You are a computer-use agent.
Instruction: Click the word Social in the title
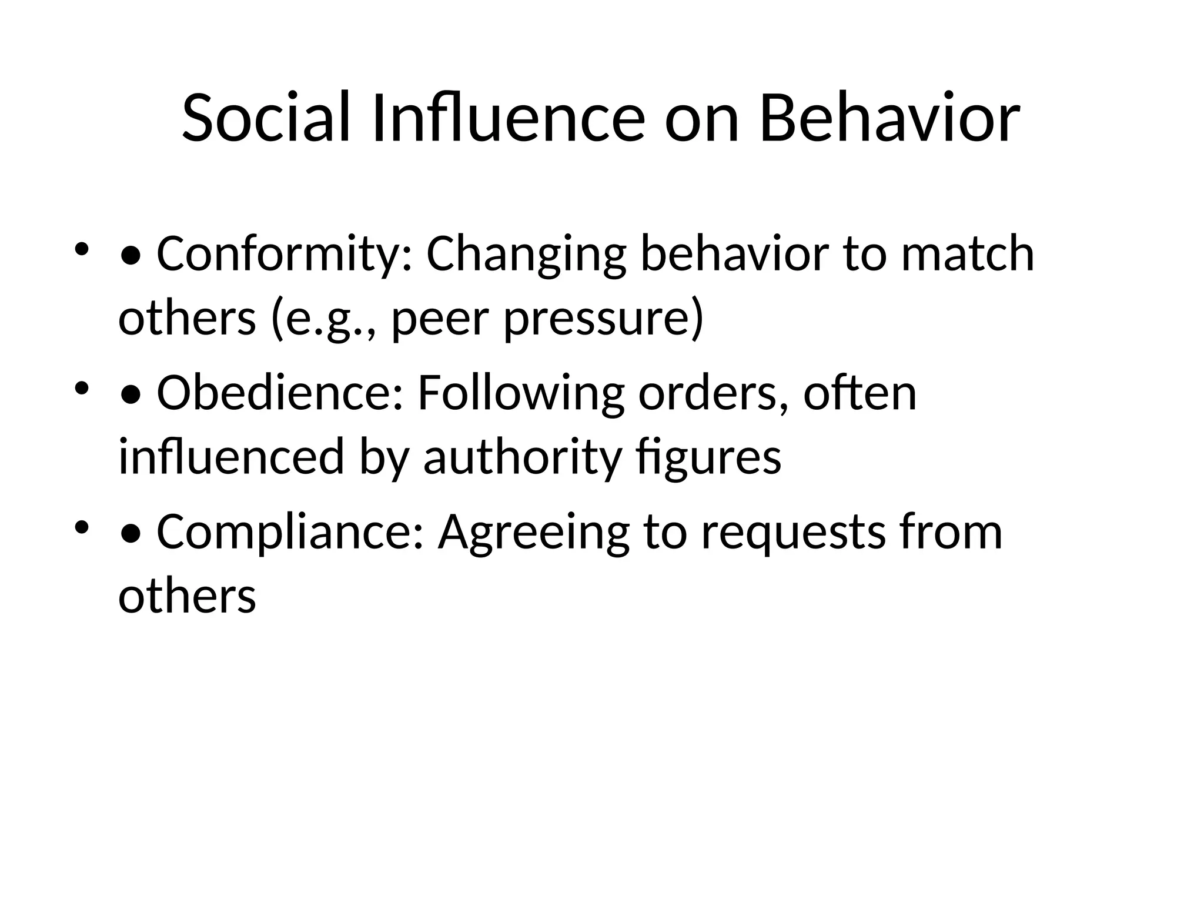[267, 118]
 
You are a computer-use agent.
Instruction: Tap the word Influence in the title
[508, 118]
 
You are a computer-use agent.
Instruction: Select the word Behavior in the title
[889, 118]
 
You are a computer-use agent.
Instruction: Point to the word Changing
[526, 255]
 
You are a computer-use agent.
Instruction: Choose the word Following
[521, 393]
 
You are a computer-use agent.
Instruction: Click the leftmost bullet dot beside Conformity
[82, 249]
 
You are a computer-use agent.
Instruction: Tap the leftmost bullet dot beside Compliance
[82, 526]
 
